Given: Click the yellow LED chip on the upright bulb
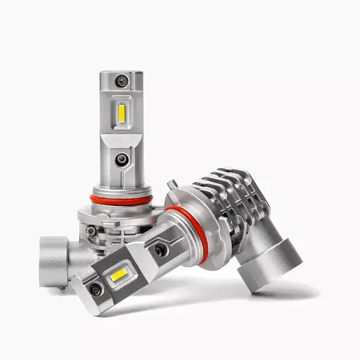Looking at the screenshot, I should pos(122,111).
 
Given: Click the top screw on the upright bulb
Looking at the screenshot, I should pos(122,82).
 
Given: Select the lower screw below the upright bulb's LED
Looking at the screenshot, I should pos(122,160).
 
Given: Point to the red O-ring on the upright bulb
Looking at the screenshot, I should pos(121,200).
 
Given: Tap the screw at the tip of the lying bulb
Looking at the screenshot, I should pos(95,289).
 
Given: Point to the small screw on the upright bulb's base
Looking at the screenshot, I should pos(91,230).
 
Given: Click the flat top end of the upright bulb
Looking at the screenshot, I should pos(122,72).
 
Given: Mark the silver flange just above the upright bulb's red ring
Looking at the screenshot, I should pos(121,191).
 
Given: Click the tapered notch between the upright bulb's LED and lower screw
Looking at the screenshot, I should pos(122,138).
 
